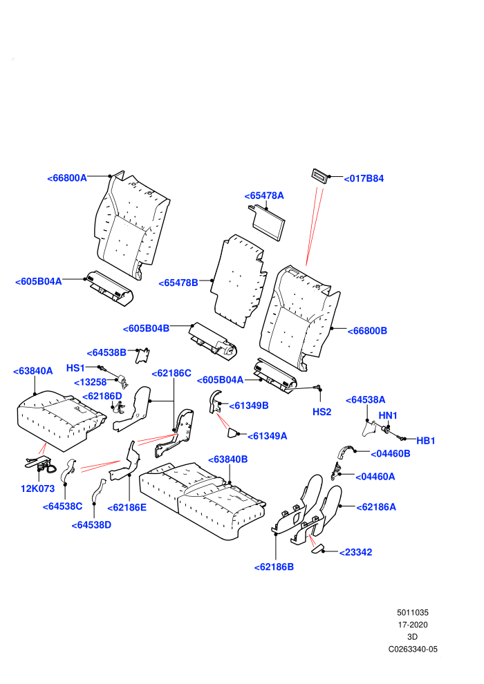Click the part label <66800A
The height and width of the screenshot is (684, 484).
coord(67,178)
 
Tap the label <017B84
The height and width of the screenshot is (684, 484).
coord(364,178)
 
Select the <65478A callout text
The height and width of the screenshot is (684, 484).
coord(264,196)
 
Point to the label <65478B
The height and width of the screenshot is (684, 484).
coord(178,283)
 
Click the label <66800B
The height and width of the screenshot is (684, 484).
coord(367,331)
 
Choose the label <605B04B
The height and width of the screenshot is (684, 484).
coord(146,328)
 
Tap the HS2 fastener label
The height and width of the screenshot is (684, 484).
coord(322,412)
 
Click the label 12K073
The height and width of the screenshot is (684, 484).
coord(37,488)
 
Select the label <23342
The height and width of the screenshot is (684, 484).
coord(355,552)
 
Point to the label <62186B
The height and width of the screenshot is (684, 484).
coord(274,567)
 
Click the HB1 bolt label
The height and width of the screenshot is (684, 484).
coord(425,441)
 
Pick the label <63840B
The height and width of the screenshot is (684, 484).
coord(227,459)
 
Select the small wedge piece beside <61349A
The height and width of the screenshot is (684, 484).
coord(232,433)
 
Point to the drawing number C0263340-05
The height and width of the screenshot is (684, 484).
coord(413,649)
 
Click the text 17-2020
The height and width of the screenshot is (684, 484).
coord(413,625)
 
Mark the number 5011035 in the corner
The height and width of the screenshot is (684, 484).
coord(413,612)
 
